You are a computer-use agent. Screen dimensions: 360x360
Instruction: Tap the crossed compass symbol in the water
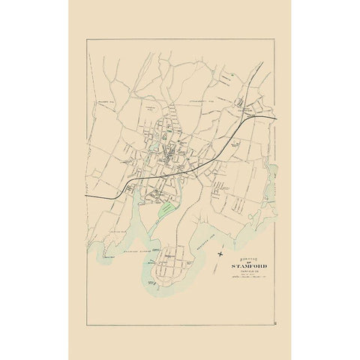point(219,255)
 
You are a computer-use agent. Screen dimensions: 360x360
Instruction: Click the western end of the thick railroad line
point(87,196)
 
